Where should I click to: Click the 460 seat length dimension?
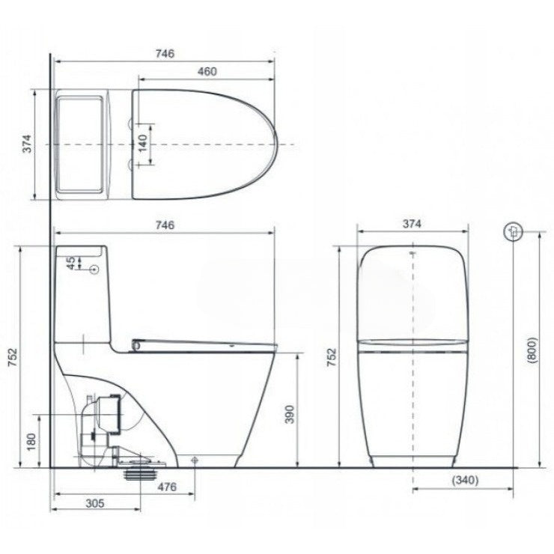[207, 72]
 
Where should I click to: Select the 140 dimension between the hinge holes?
[143, 142]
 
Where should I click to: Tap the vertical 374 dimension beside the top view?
[26, 144]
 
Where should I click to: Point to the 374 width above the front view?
[413, 224]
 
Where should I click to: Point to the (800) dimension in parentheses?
[532, 348]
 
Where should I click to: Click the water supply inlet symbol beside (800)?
[514, 231]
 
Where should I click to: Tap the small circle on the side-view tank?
[95, 269]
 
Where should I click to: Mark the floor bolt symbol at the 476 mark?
[195, 460]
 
